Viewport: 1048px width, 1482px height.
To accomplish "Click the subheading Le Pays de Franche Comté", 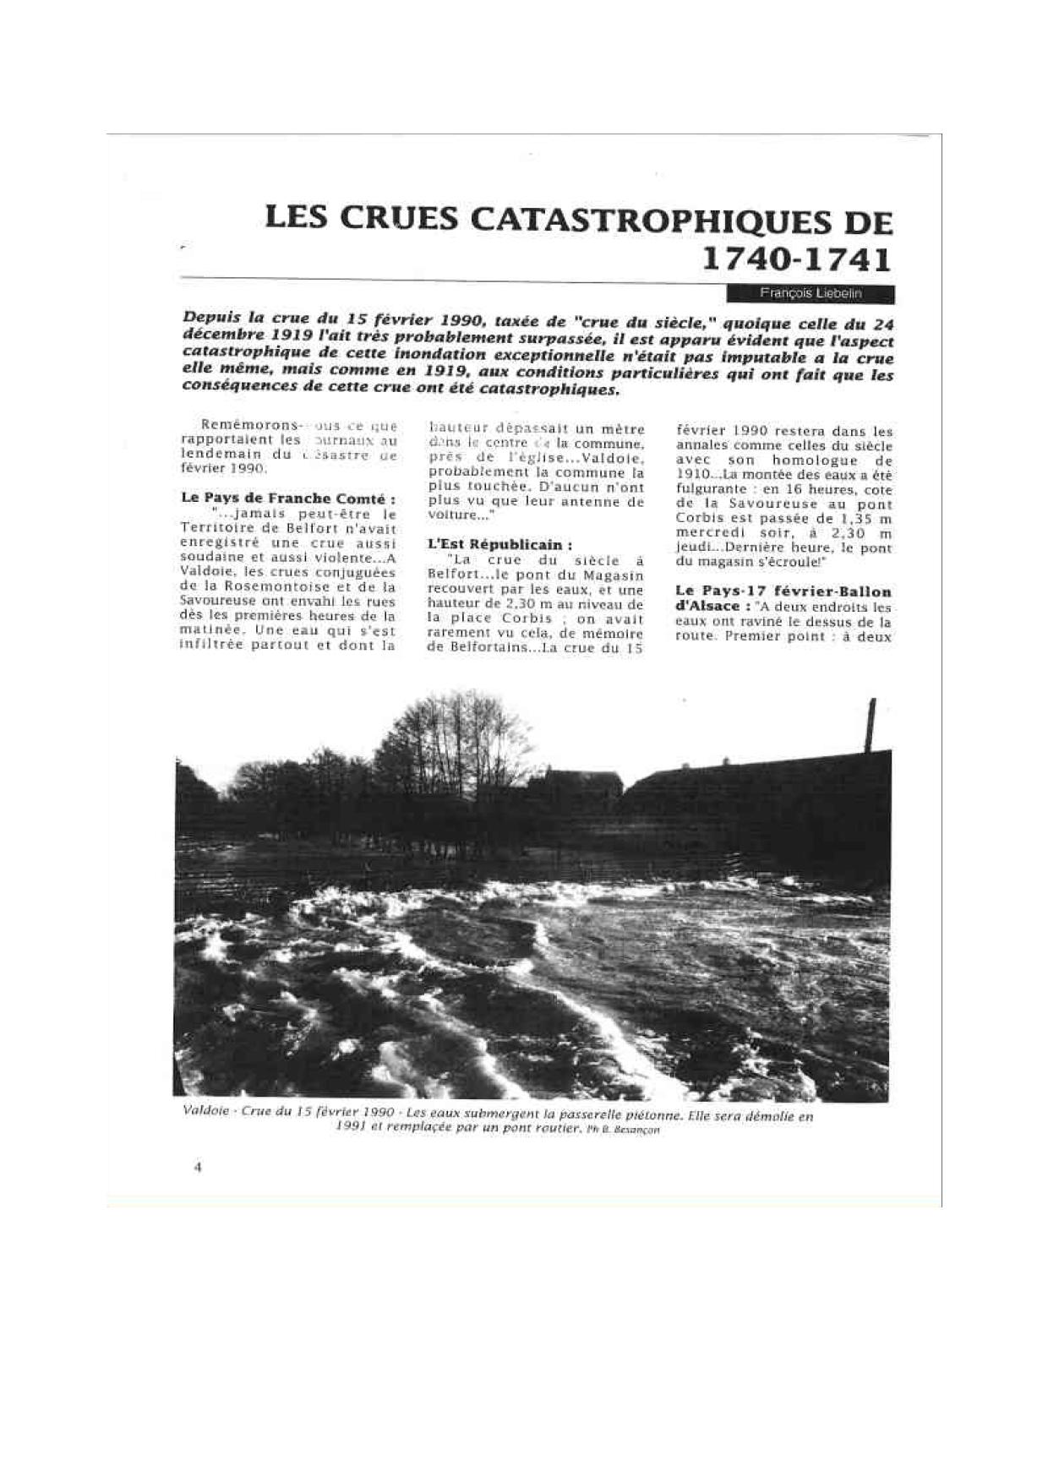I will (x=288, y=499).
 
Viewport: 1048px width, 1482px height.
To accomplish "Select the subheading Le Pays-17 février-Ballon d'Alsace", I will (x=783, y=598).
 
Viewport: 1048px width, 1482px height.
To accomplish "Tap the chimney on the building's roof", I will (x=870, y=725).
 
